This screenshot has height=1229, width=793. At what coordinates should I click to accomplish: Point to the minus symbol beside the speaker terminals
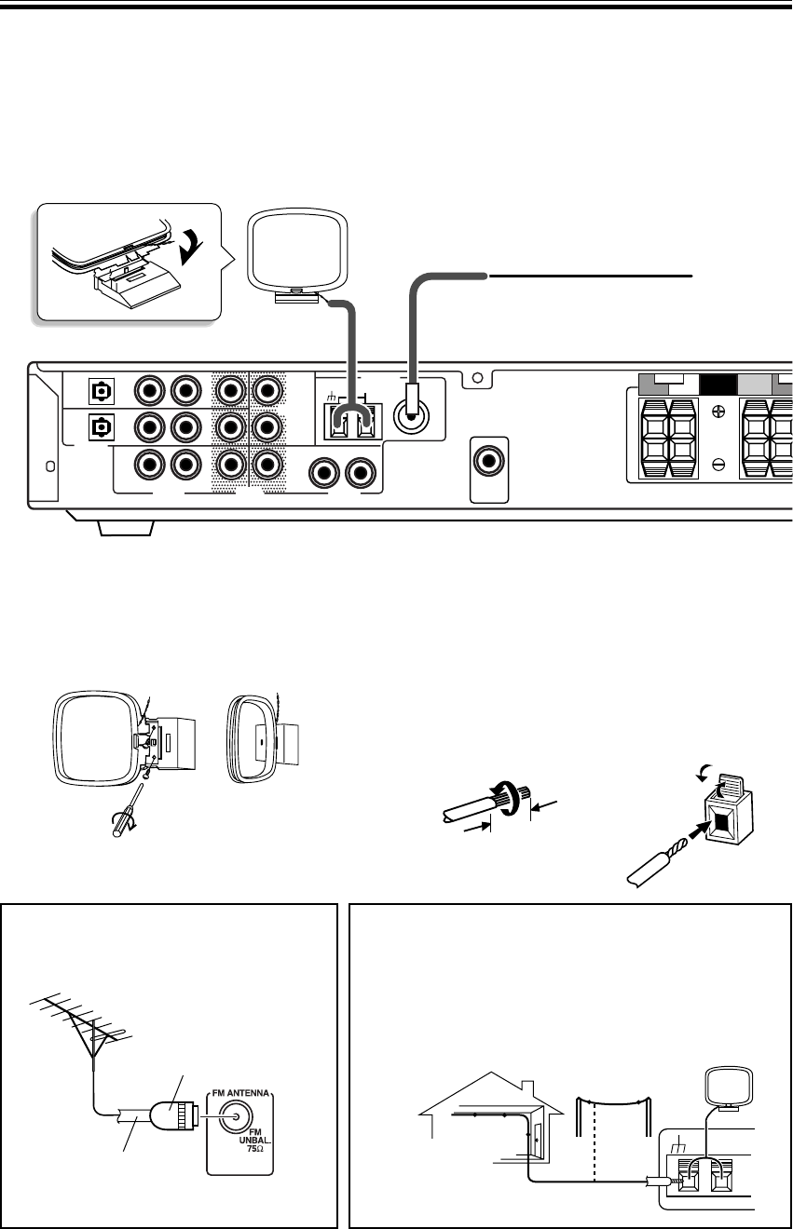click(718, 463)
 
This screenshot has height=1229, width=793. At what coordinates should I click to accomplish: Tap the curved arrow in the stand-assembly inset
click(200, 246)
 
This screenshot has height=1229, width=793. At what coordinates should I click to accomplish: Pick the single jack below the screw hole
click(488, 461)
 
